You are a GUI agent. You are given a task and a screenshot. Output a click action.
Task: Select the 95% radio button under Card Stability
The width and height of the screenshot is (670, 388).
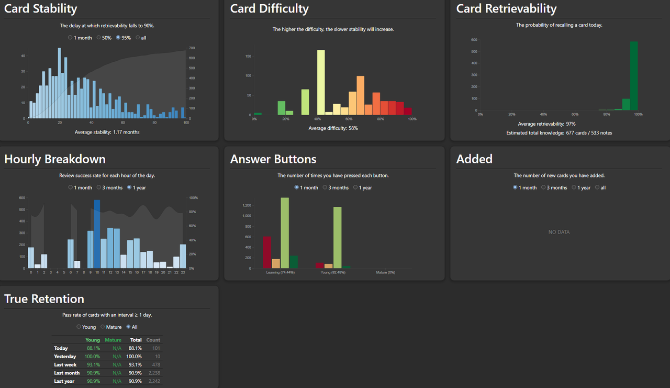click(x=118, y=38)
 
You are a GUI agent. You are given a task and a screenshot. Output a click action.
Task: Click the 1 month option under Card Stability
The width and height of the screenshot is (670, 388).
click(x=71, y=38)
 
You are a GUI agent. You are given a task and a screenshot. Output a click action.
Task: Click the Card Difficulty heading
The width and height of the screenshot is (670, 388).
click(x=270, y=9)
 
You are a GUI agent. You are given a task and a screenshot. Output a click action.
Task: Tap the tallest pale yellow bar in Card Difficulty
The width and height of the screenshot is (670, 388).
click(x=321, y=82)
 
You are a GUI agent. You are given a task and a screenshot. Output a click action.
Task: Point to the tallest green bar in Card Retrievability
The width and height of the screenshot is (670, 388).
click(x=634, y=76)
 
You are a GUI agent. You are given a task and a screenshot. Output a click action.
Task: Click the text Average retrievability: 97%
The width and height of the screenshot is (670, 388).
click(x=546, y=124)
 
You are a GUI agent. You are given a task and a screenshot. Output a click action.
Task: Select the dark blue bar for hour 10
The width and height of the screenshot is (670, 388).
click(x=97, y=234)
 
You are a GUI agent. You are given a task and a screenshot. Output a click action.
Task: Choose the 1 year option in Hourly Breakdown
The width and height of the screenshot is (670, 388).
click(x=130, y=187)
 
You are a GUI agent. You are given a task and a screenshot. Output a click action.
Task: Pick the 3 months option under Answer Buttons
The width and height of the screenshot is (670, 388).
click(x=325, y=187)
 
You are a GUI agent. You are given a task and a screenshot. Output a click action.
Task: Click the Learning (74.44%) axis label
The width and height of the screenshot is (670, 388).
click(x=280, y=272)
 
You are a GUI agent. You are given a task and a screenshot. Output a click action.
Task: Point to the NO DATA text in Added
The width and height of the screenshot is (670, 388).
click(x=559, y=232)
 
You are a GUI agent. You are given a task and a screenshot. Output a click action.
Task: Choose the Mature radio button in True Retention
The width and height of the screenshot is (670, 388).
click(x=103, y=327)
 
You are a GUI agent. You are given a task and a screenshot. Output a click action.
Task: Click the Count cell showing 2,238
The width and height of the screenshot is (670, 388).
click(x=153, y=373)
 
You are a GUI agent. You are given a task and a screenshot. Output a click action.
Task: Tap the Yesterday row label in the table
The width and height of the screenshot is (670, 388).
click(x=65, y=357)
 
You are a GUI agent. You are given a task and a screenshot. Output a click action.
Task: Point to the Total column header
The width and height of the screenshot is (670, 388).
click(x=136, y=340)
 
